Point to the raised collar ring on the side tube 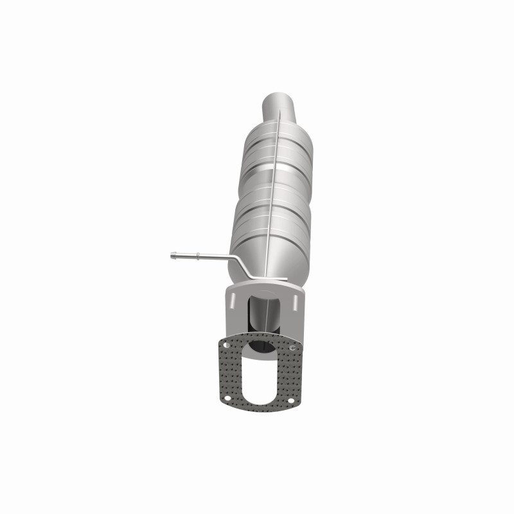pyautogui.click(x=198, y=256)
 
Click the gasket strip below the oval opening pyautogui.click(x=259, y=409)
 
